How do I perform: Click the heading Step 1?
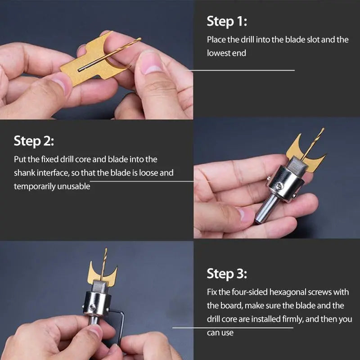[227, 21]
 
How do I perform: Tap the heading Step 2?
[34, 141]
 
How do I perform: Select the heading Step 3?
[227, 273]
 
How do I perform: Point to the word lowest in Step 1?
[220, 53]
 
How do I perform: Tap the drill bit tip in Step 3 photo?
[106, 251]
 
